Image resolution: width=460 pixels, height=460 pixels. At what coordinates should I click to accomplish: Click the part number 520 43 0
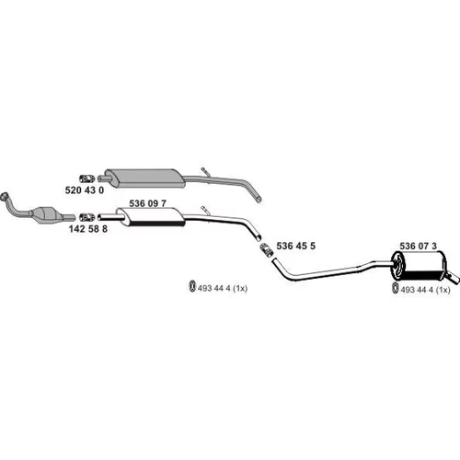85,190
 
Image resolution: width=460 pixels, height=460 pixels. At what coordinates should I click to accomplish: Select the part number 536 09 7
147,203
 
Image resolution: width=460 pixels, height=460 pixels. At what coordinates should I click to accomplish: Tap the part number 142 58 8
88,229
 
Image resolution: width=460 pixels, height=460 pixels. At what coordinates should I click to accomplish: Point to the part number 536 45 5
295,246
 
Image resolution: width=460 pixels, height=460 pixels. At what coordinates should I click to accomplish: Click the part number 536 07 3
418,246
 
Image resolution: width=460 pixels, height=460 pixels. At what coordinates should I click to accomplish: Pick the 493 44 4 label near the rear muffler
425,290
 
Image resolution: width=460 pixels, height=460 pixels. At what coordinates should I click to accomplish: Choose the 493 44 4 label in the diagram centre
223,288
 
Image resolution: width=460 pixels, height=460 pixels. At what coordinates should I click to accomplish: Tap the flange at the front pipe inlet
5,196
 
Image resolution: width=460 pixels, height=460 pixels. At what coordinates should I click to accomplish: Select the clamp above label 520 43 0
87,178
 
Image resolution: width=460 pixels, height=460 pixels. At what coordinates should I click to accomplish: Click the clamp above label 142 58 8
87,217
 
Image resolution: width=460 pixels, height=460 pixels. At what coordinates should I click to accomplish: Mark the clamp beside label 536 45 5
267,250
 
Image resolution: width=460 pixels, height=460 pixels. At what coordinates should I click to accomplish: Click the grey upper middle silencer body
144,178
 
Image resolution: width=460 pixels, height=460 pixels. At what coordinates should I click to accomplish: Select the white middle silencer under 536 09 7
151,217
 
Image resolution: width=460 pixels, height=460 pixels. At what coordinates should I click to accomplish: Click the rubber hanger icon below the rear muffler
396,289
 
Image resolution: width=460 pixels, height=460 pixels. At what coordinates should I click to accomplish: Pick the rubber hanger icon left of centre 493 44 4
192,286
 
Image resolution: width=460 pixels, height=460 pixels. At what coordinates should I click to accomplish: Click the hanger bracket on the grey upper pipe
205,172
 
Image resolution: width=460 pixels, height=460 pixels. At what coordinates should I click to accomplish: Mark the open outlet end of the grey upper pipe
259,200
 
